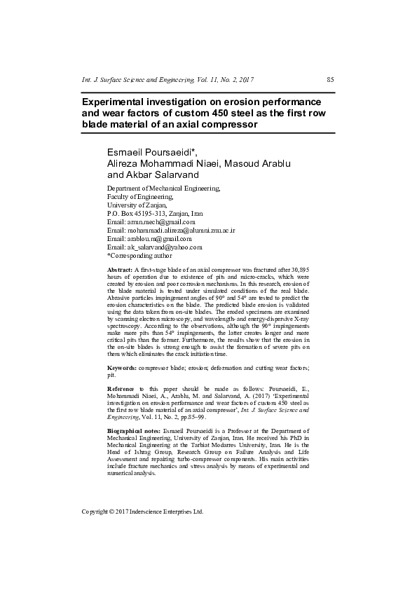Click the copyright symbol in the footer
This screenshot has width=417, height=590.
(114, 512)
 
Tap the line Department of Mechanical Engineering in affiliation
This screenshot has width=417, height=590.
(163, 188)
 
